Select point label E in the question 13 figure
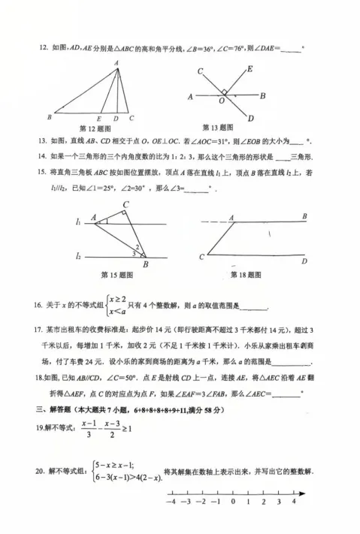point(250,68)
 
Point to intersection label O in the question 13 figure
point(222,100)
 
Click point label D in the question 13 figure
point(250,118)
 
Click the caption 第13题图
point(217,127)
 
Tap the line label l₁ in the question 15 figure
point(77,222)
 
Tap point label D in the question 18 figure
point(304,261)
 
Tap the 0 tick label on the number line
point(233,502)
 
